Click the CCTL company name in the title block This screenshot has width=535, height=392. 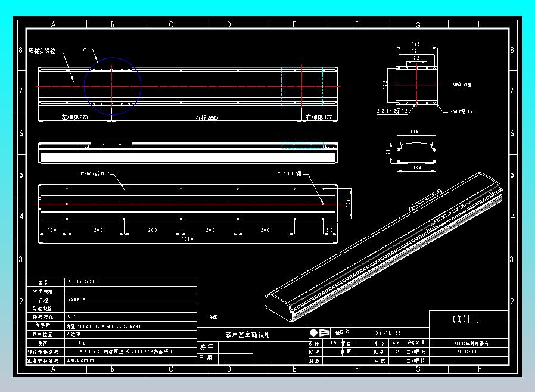[465, 319]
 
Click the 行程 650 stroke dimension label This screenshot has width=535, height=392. [207, 118]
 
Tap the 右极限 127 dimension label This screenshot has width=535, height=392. [319, 118]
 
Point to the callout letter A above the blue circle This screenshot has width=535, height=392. [85, 49]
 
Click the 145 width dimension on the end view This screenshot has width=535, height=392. [416, 45]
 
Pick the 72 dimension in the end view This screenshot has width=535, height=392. [416, 58]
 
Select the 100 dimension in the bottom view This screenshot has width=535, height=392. [52, 230]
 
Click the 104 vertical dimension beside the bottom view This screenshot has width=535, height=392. [348, 204]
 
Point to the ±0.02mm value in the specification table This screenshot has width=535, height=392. [81, 360]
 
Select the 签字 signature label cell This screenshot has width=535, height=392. [206, 347]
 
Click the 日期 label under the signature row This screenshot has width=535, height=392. [206, 358]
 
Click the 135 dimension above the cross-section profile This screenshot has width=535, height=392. [415, 132]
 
